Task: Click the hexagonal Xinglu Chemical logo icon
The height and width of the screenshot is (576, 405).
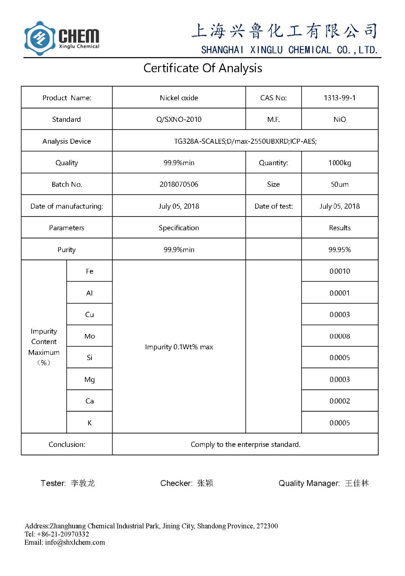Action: (x=40, y=38)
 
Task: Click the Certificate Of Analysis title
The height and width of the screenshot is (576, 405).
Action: (x=202, y=68)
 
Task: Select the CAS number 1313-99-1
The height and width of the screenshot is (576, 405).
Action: (x=339, y=98)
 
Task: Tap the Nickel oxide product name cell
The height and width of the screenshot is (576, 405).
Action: (x=179, y=98)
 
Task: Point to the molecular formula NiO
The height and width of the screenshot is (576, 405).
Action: (x=339, y=119)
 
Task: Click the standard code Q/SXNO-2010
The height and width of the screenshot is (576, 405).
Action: (x=179, y=119)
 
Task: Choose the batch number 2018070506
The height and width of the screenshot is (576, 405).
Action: (x=179, y=184)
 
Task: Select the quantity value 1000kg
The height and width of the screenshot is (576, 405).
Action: (x=339, y=163)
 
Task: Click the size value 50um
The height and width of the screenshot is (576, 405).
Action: (x=339, y=184)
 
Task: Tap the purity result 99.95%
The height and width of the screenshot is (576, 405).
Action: (x=339, y=250)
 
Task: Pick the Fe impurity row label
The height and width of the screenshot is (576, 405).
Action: (x=90, y=271)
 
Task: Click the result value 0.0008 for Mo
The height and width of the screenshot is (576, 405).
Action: (x=339, y=336)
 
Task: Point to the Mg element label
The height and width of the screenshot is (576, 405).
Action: (x=90, y=380)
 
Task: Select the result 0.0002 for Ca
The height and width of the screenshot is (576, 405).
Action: (x=339, y=401)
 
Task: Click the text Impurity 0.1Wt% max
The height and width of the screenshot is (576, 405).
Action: (x=179, y=347)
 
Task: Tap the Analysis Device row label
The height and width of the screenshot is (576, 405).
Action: (x=66, y=141)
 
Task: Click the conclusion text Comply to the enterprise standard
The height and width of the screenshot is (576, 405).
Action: (x=245, y=444)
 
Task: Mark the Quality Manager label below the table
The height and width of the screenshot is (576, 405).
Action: (x=309, y=483)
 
